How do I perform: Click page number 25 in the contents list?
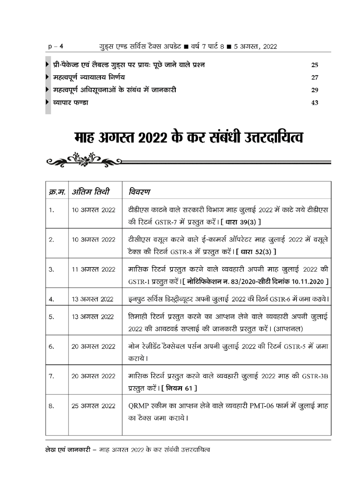pos(315,65)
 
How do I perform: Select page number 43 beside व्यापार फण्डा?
pos(315,102)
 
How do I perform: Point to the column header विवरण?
pos(141,192)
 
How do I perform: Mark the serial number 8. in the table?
pos(51,406)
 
